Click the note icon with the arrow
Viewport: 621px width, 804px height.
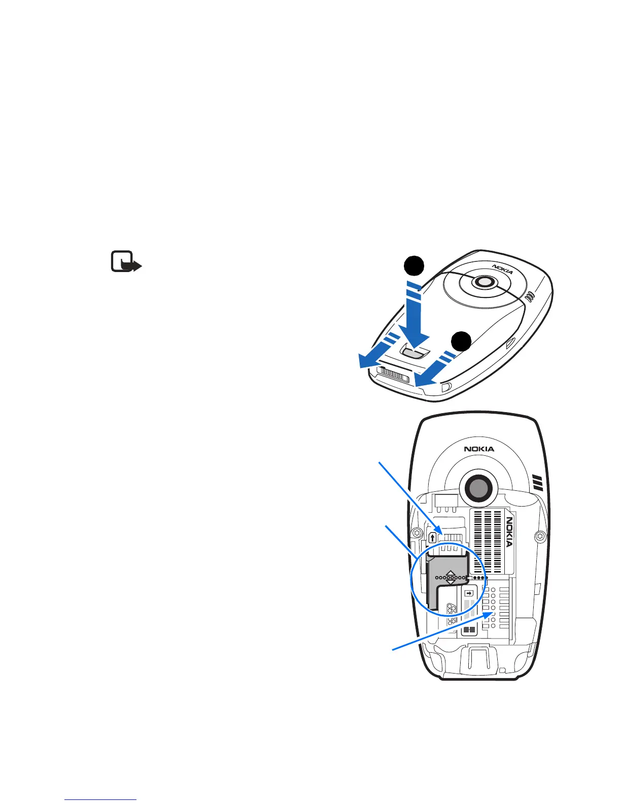click(x=125, y=262)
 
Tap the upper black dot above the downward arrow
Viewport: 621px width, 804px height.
click(x=414, y=267)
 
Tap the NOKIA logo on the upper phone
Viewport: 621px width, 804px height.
click(x=502, y=269)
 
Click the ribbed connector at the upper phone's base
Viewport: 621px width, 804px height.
click(x=395, y=376)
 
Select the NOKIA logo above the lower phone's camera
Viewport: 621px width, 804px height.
click(x=478, y=449)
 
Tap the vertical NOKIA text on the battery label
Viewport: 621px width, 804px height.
click(x=509, y=531)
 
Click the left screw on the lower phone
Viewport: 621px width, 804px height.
click(x=417, y=533)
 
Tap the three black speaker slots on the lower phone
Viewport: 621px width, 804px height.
click(x=538, y=483)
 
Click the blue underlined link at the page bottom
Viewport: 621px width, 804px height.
click(x=101, y=799)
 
